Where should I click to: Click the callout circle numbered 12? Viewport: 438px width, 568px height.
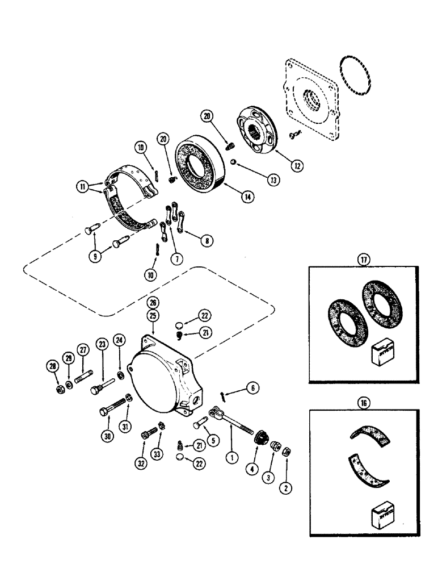(x=298, y=166)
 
